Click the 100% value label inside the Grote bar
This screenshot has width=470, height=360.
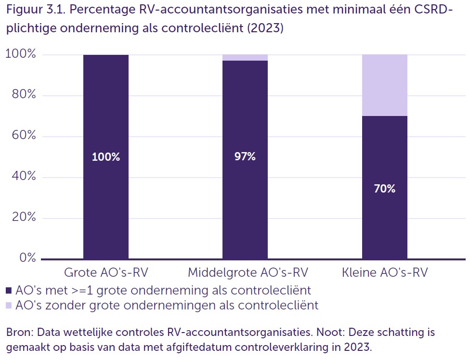tap(106, 157)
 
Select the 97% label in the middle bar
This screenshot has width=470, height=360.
tap(245, 156)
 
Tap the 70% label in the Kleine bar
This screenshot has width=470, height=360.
tap(384, 189)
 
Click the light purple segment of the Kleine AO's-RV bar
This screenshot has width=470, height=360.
tap(384, 85)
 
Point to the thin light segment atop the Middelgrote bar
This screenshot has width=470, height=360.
tap(245, 58)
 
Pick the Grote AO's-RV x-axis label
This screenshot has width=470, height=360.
tap(106, 272)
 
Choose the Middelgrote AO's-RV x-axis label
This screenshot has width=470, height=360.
tap(248, 272)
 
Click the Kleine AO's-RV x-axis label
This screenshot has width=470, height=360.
tap(385, 272)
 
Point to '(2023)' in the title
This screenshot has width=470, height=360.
tap(265, 28)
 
